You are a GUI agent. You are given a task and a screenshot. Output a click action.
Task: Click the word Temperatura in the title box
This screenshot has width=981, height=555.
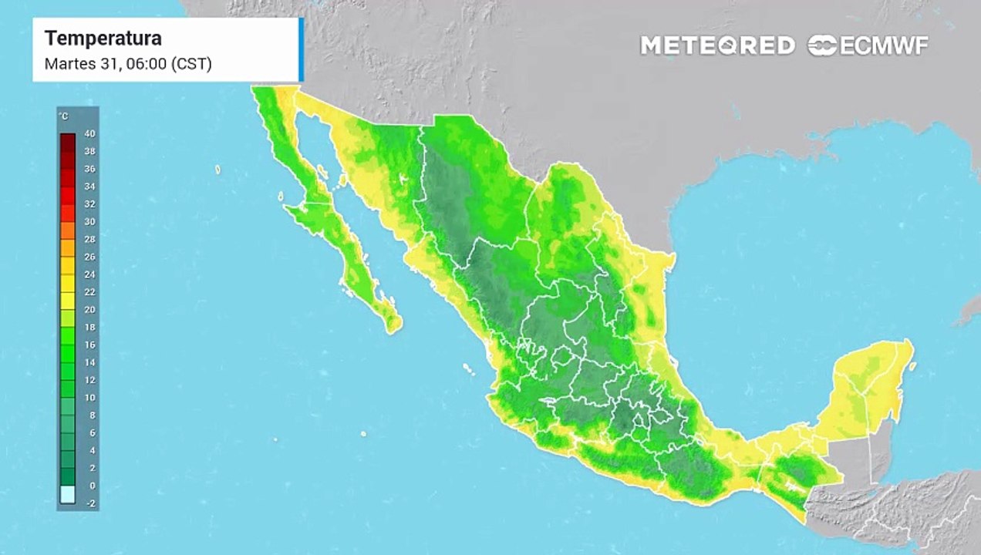tap(103, 39)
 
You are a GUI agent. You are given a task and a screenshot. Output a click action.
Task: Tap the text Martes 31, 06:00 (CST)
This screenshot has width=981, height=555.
tap(128, 64)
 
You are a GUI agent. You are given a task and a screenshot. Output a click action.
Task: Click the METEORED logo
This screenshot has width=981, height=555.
tap(717, 45)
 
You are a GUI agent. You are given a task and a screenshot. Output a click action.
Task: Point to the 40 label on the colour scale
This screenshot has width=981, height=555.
tap(89, 134)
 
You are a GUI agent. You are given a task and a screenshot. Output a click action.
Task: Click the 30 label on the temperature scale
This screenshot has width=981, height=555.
tap(89, 222)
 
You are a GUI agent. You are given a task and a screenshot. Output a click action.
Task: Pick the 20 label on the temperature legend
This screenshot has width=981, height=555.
tap(89, 310)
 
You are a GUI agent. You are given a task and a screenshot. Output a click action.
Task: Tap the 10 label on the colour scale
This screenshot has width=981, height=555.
tap(89, 398)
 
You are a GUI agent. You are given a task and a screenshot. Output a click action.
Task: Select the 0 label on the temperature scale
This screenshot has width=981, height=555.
tap(92, 486)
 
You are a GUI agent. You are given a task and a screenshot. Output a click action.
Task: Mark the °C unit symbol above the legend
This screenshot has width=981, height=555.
tap(63, 116)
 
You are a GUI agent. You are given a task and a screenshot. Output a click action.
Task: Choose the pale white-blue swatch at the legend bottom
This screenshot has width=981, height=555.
tap(68, 494)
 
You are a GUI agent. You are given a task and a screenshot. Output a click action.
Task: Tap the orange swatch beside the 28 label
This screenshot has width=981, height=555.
tap(68, 230)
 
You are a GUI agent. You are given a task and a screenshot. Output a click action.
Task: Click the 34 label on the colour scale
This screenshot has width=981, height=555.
tap(89, 187)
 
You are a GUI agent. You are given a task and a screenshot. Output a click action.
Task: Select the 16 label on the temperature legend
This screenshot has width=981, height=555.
tap(89, 345)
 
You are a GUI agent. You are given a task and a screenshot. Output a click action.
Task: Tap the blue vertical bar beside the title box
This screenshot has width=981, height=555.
tap(301, 49)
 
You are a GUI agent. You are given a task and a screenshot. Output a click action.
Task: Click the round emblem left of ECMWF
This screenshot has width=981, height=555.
tap(822, 45)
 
